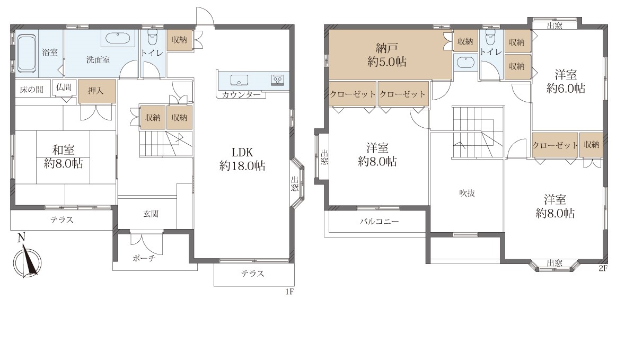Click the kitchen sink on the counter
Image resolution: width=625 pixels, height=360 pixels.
(239, 80)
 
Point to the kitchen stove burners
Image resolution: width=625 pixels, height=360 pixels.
(277, 80)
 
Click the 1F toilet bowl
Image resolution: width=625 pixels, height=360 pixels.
(153, 37)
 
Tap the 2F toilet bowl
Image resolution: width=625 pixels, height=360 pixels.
(491, 38)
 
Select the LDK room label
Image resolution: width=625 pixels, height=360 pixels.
(242, 159)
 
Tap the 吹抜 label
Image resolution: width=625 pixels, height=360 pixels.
(466, 194)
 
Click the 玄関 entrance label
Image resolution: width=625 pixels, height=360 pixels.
(151, 214)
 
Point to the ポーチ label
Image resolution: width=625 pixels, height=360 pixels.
(144, 258)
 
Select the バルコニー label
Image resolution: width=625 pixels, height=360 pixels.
(380, 221)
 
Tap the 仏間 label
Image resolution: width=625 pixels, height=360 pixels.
(64, 87)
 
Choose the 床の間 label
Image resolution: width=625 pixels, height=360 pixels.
(31, 89)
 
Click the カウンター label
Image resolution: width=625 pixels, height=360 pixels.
(242, 94)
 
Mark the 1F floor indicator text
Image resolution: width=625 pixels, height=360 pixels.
(289, 292)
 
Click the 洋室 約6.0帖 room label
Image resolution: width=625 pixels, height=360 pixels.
(566, 81)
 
